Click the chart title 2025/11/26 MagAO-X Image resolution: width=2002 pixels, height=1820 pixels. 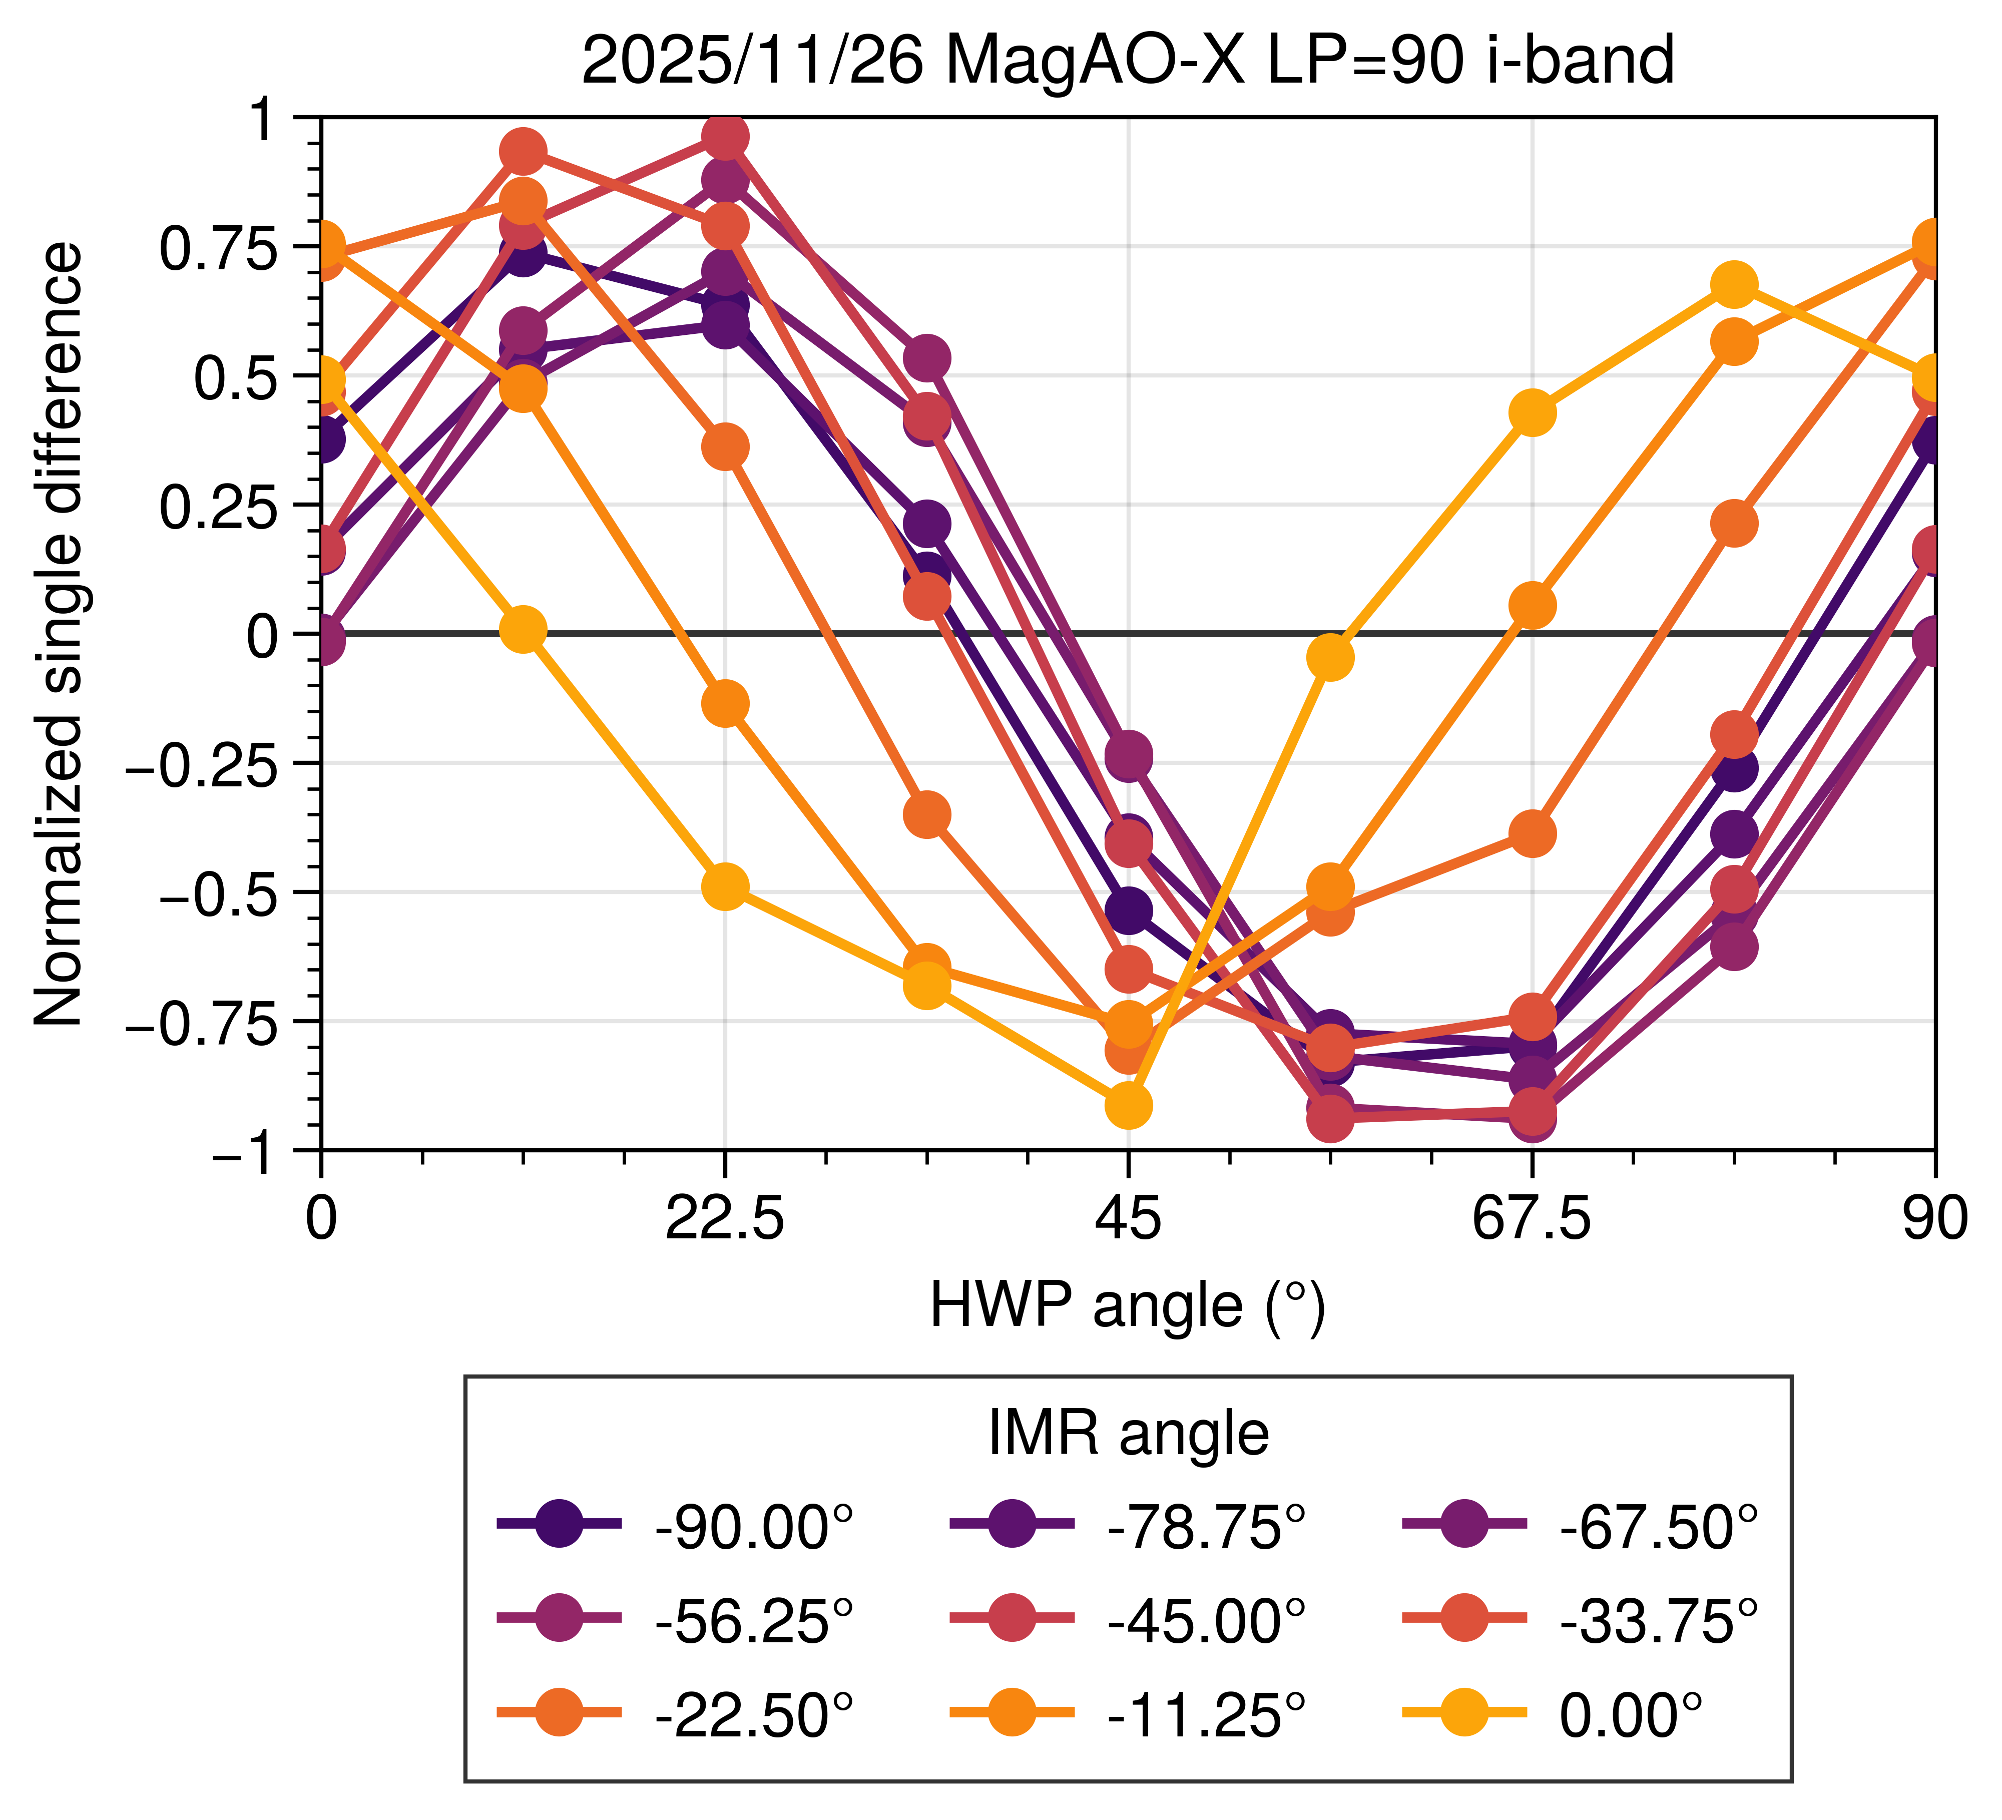tap(1127, 62)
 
